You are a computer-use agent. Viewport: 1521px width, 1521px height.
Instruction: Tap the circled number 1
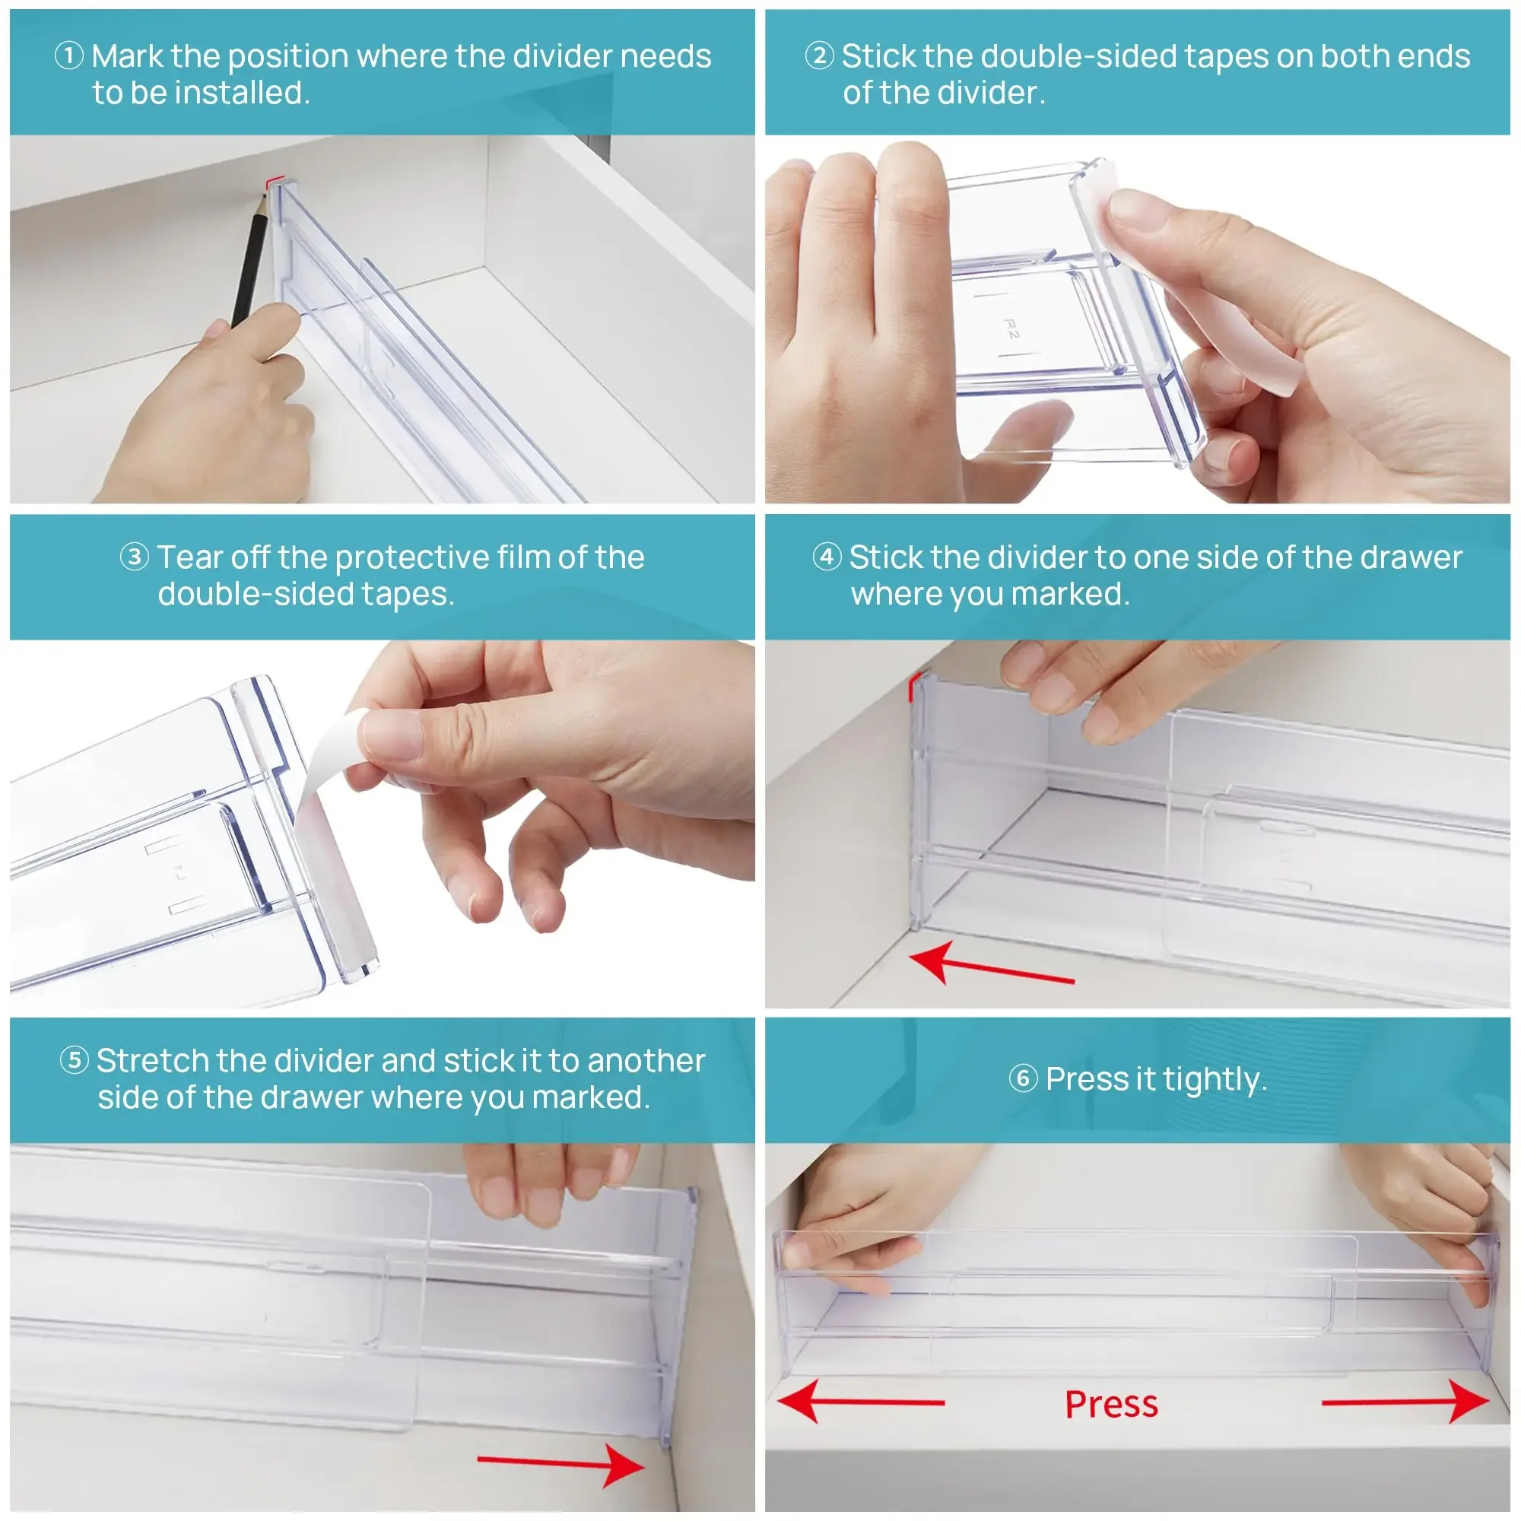69,56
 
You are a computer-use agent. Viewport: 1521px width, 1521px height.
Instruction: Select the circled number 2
820,56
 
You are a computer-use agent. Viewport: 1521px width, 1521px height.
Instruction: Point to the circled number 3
135,557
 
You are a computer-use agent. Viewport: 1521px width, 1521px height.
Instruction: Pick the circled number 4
827,557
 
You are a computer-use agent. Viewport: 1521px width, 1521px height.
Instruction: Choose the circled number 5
75,1059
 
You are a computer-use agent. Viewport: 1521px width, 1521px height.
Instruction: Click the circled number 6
1024,1078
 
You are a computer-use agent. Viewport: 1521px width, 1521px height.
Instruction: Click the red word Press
1111,1405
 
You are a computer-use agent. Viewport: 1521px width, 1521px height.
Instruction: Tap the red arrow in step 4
992,965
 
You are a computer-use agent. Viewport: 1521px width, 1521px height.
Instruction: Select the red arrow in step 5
560,1464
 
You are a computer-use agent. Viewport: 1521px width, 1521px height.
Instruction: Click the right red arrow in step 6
1406,1402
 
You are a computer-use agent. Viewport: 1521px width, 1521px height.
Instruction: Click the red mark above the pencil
272,183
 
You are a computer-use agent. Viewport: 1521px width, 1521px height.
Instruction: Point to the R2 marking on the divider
1011,329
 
